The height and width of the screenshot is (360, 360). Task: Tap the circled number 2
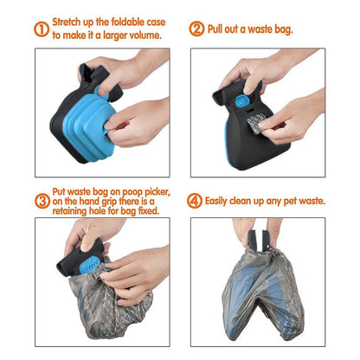pos(196,28)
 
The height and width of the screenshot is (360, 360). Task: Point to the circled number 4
pos(196,200)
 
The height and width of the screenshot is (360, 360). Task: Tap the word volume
pos(144,35)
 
